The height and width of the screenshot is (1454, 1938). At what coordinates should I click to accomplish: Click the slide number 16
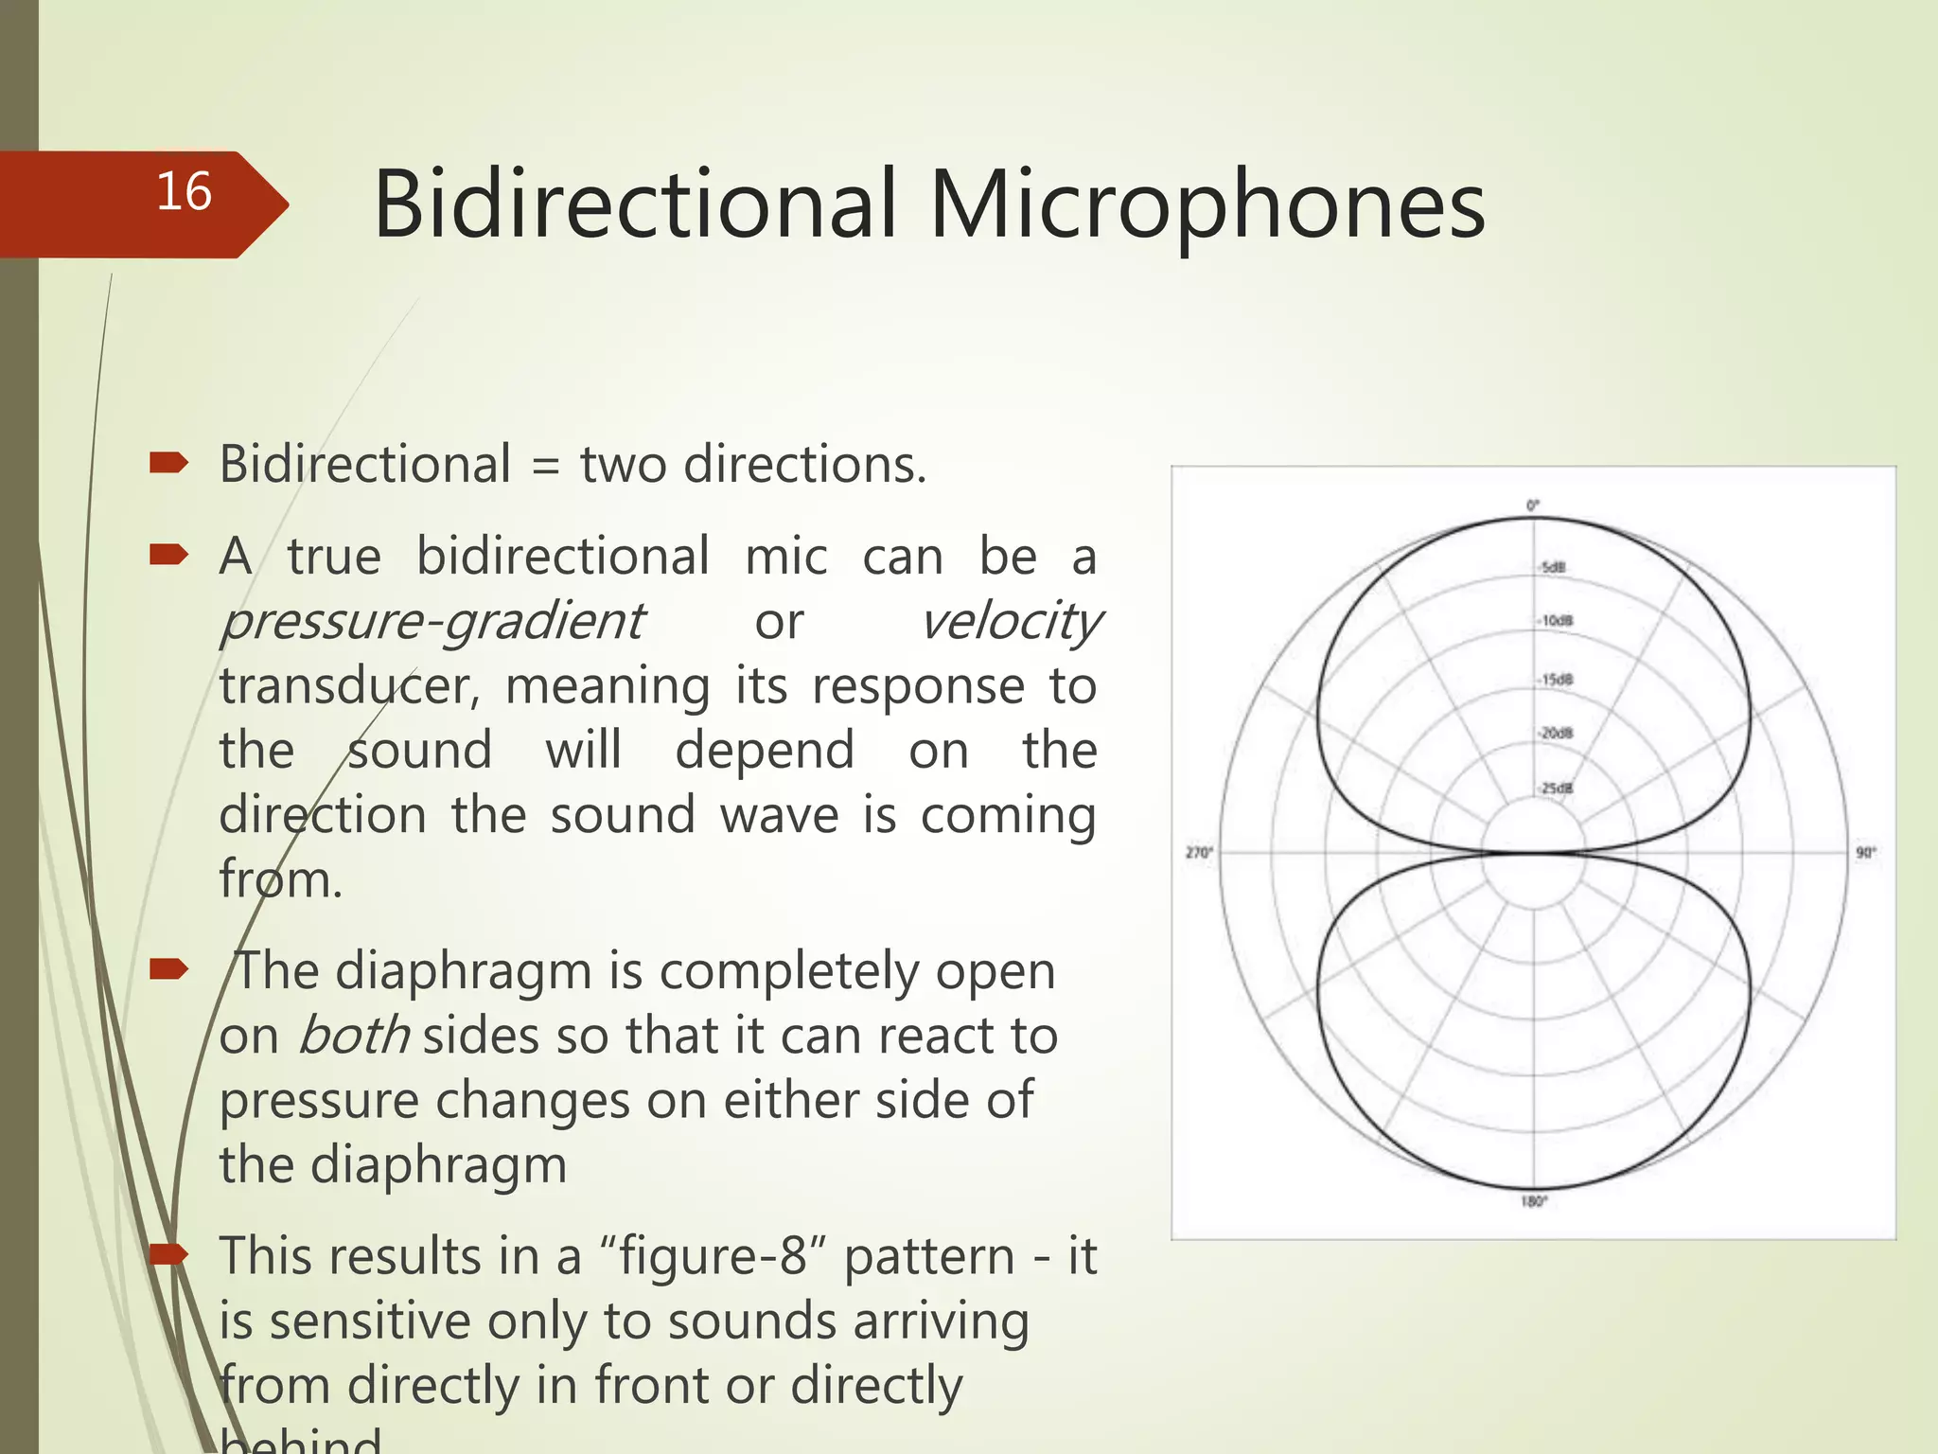[x=184, y=192]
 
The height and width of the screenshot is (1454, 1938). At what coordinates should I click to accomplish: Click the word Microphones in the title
[x=1207, y=205]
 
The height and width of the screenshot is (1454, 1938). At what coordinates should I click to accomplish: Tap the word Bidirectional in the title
[x=634, y=205]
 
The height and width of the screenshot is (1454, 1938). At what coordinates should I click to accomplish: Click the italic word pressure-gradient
[x=432, y=623]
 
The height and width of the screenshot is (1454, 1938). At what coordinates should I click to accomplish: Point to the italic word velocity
[x=1011, y=623]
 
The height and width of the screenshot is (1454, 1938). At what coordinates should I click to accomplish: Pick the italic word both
[x=354, y=1036]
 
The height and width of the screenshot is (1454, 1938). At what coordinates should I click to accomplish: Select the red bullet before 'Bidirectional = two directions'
[x=168, y=463]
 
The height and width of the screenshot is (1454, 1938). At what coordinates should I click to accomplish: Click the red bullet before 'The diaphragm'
[x=168, y=968]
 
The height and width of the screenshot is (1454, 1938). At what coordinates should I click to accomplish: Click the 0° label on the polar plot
[x=1533, y=505]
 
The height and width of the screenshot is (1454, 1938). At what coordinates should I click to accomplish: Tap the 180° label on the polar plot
[x=1534, y=1201]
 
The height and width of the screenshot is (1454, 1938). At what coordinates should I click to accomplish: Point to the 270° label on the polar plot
[x=1199, y=853]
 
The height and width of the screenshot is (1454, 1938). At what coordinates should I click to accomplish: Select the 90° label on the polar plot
[x=1865, y=853]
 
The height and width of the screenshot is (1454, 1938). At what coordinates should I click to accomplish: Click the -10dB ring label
[x=1556, y=621]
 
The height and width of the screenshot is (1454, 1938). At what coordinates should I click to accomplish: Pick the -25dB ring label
[x=1556, y=789]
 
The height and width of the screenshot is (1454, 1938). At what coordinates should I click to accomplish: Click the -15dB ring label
[x=1556, y=680]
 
